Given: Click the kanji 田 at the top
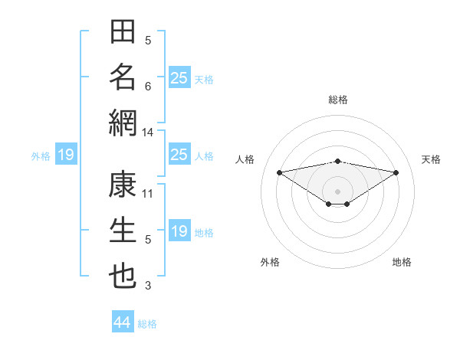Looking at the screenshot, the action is tap(123, 31).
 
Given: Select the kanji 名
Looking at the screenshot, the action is tap(123, 77).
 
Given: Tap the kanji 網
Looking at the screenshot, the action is tap(123, 123).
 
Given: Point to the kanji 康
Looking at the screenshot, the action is tap(123, 185).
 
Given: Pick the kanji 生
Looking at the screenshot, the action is tap(123, 230).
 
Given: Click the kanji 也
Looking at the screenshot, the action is tap(123, 277).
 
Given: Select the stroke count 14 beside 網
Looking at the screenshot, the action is tap(147, 133).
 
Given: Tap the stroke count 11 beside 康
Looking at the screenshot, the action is tap(147, 194).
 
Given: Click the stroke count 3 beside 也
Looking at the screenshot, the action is tap(148, 286).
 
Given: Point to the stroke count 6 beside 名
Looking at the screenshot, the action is tap(148, 87).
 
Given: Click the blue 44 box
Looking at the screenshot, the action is tap(123, 321).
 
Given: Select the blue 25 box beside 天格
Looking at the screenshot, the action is tap(180, 77).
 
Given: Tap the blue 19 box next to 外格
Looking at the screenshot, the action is tap(66, 154).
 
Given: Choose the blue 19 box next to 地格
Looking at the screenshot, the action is tap(180, 230).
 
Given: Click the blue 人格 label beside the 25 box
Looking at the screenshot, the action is tap(204, 156).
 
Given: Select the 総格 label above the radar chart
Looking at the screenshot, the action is tap(338, 100).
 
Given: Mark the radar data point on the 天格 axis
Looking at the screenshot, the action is tap(396, 172).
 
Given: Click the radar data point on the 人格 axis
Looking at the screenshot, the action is tap(280, 172).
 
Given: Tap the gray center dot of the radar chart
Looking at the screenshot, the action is tap(337, 191).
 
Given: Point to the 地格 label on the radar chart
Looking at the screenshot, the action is tap(402, 262).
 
